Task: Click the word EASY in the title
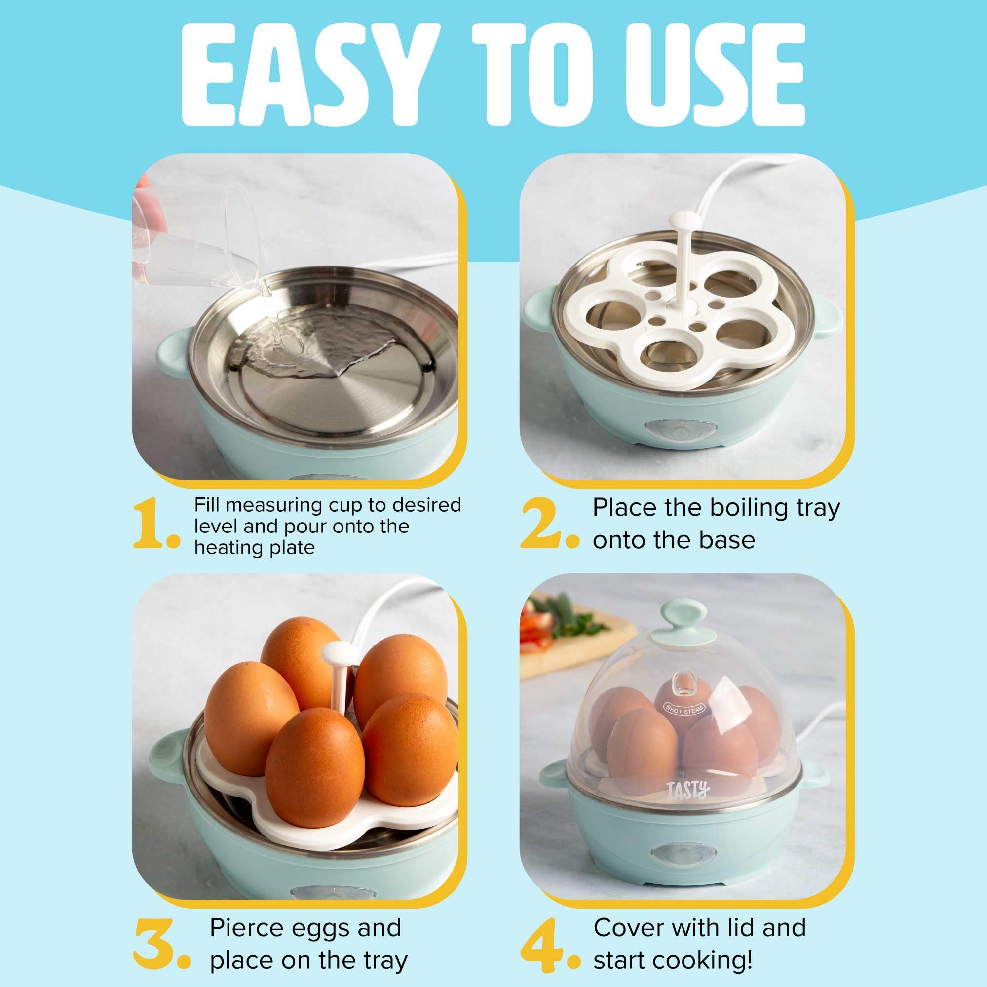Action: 306,72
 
